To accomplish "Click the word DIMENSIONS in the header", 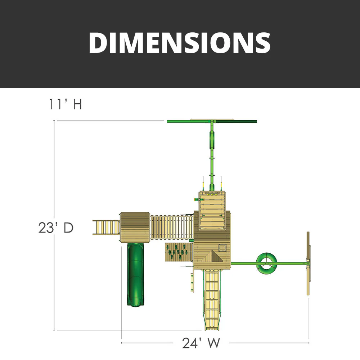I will point(180,43).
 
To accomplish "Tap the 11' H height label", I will point(66,104).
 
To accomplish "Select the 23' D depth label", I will point(56,228).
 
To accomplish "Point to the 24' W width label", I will point(201,343).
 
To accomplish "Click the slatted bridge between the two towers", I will point(171,227).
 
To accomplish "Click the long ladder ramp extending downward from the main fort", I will point(212,301).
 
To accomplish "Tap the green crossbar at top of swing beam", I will point(212,121).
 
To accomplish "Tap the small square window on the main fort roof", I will point(222,247).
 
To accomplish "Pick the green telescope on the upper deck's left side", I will point(197,199).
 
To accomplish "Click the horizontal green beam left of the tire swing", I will point(243,263).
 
